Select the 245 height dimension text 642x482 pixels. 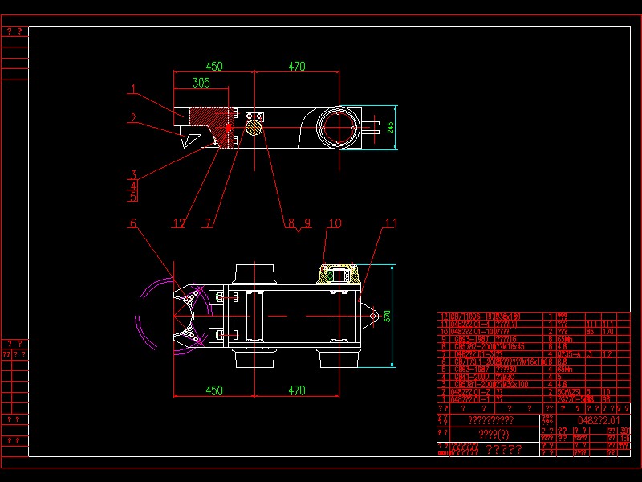[391, 128]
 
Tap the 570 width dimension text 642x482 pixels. [388, 316]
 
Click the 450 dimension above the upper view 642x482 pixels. [214, 67]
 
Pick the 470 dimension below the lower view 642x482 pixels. [296, 390]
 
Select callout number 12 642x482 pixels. [181, 223]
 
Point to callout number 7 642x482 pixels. [209, 223]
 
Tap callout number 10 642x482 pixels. [335, 223]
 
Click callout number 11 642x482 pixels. [390, 223]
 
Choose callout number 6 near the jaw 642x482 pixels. [133, 223]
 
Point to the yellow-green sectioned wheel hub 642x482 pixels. [338, 275]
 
